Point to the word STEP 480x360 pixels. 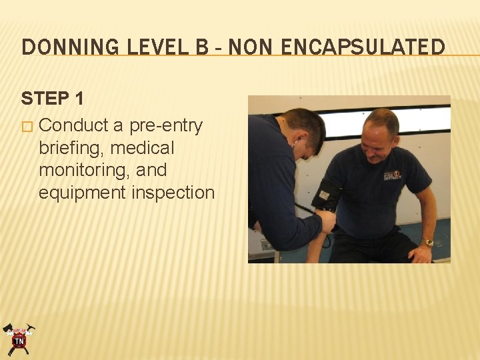point(45,99)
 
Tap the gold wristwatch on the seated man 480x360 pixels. point(426,243)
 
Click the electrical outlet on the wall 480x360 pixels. point(266,245)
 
